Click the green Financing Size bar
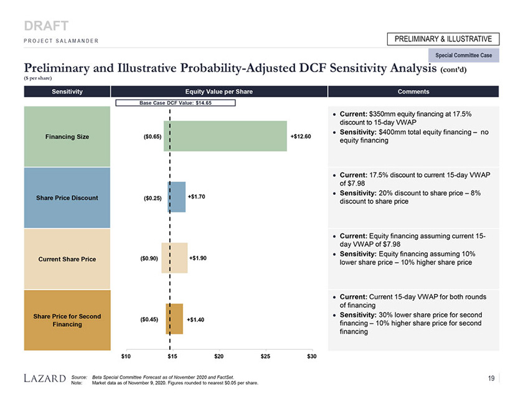coord(225,136)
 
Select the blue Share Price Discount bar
coord(176,197)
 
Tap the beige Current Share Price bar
coord(174,258)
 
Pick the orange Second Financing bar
coord(174,319)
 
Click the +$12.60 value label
coord(301,136)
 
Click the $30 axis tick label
coord(312,355)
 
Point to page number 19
coord(492,377)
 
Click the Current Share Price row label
coord(66,259)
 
